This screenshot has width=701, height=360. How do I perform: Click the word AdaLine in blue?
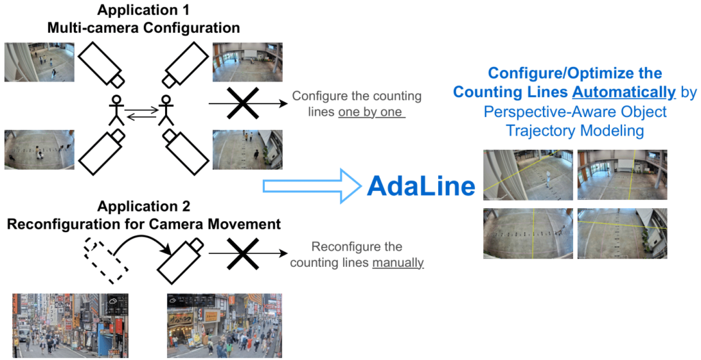click(x=420, y=185)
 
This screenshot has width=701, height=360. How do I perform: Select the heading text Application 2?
click(x=144, y=206)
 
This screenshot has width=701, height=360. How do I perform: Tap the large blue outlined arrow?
click(x=311, y=184)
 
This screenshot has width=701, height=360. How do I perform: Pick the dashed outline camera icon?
click(x=105, y=258)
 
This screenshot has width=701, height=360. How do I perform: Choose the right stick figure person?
click(x=166, y=110)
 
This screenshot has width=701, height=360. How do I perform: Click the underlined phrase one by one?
click(x=371, y=112)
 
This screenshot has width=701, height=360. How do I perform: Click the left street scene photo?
click(x=71, y=326)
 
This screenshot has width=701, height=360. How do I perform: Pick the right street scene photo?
click(x=225, y=326)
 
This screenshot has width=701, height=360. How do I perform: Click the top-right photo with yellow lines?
click(x=622, y=175)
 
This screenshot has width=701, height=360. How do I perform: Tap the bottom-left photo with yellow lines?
click(x=527, y=233)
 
